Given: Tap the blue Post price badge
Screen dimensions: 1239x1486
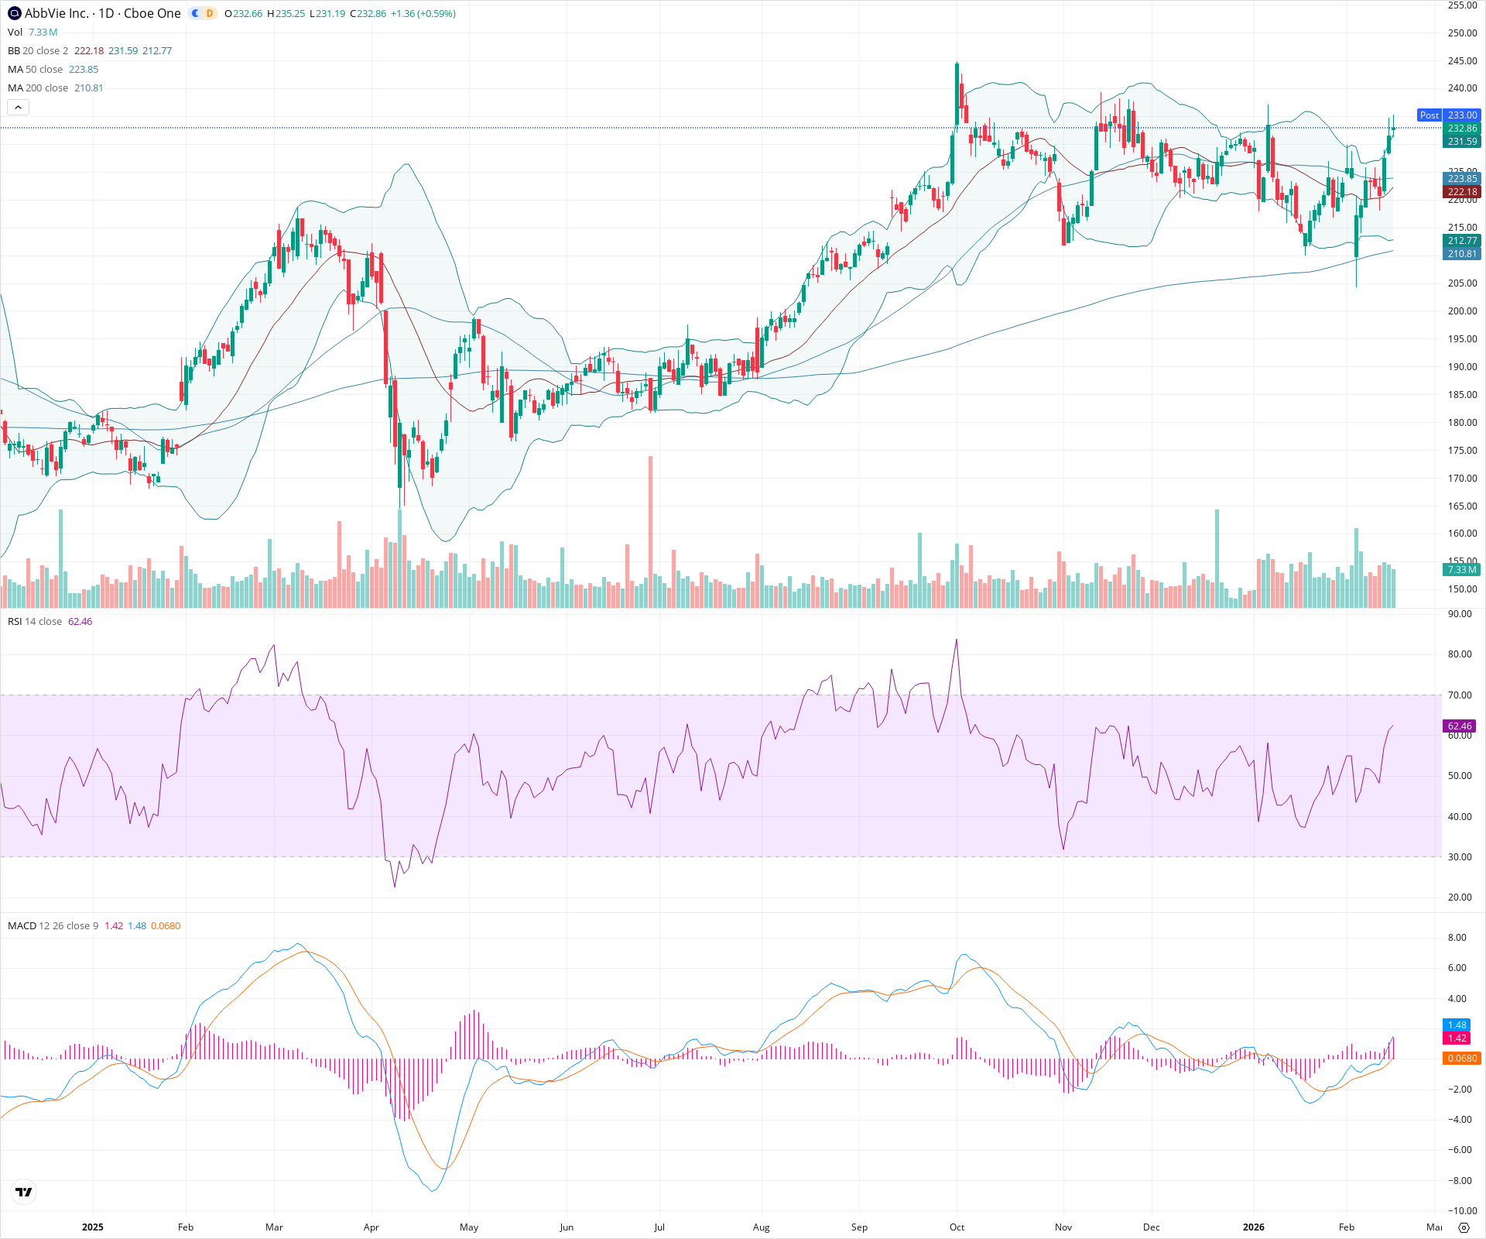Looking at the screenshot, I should coord(1429,115).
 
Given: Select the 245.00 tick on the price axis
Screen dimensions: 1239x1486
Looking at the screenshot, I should coord(1462,60).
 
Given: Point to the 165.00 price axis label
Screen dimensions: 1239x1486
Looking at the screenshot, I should coord(1462,506).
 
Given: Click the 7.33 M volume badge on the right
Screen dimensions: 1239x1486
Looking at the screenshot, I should coord(1461,569).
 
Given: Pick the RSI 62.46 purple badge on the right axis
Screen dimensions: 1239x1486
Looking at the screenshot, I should coord(1460,726).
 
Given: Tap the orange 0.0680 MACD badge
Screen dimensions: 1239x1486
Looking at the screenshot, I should coord(1460,1058).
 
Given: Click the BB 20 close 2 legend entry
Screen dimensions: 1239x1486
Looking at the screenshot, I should coord(38,50).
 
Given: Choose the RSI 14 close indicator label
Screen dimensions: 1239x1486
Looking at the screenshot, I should coord(35,621).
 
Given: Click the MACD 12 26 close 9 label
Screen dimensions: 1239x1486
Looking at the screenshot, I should coord(53,925).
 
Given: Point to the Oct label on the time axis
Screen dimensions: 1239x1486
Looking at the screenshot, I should coord(957,1227).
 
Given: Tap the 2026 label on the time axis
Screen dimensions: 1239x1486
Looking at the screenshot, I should coord(1253,1227).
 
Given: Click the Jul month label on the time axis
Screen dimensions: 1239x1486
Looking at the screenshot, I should coord(659,1227).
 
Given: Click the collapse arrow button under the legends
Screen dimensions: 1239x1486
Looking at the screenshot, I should coord(18,107).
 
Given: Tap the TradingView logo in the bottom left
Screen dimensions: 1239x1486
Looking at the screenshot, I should coord(24,1192).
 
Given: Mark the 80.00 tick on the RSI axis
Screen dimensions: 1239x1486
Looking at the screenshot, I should coord(1460,654).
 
